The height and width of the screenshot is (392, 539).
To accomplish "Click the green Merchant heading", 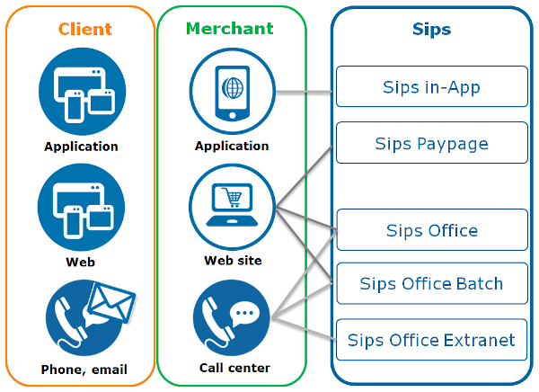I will pyautogui.click(x=230, y=28).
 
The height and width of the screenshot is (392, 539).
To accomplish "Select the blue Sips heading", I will pyautogui.click(x=431, y=30).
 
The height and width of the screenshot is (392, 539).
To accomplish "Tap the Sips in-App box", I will pyautogui.click(x=431, y=87).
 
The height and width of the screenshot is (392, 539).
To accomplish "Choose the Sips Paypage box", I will pyautogui.click(x=431, y=144).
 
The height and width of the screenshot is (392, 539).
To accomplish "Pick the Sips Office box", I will pyautogui.click(x=431, y=230).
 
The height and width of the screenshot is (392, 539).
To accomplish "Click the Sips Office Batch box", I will pyautogui.click(x=431, y=284).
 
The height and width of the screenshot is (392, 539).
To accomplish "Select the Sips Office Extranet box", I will pyautogui.click(x=431, y=340).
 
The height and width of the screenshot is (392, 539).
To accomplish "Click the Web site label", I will pyautogui.click(x=233, y=261).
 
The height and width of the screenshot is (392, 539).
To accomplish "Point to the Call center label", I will pyautogui.click(x=234, y=368).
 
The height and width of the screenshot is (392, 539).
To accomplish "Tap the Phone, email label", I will pyautogui.click(x=84, y=370).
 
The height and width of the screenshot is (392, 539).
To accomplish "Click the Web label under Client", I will pyautogui.click(x=80, y=263).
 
